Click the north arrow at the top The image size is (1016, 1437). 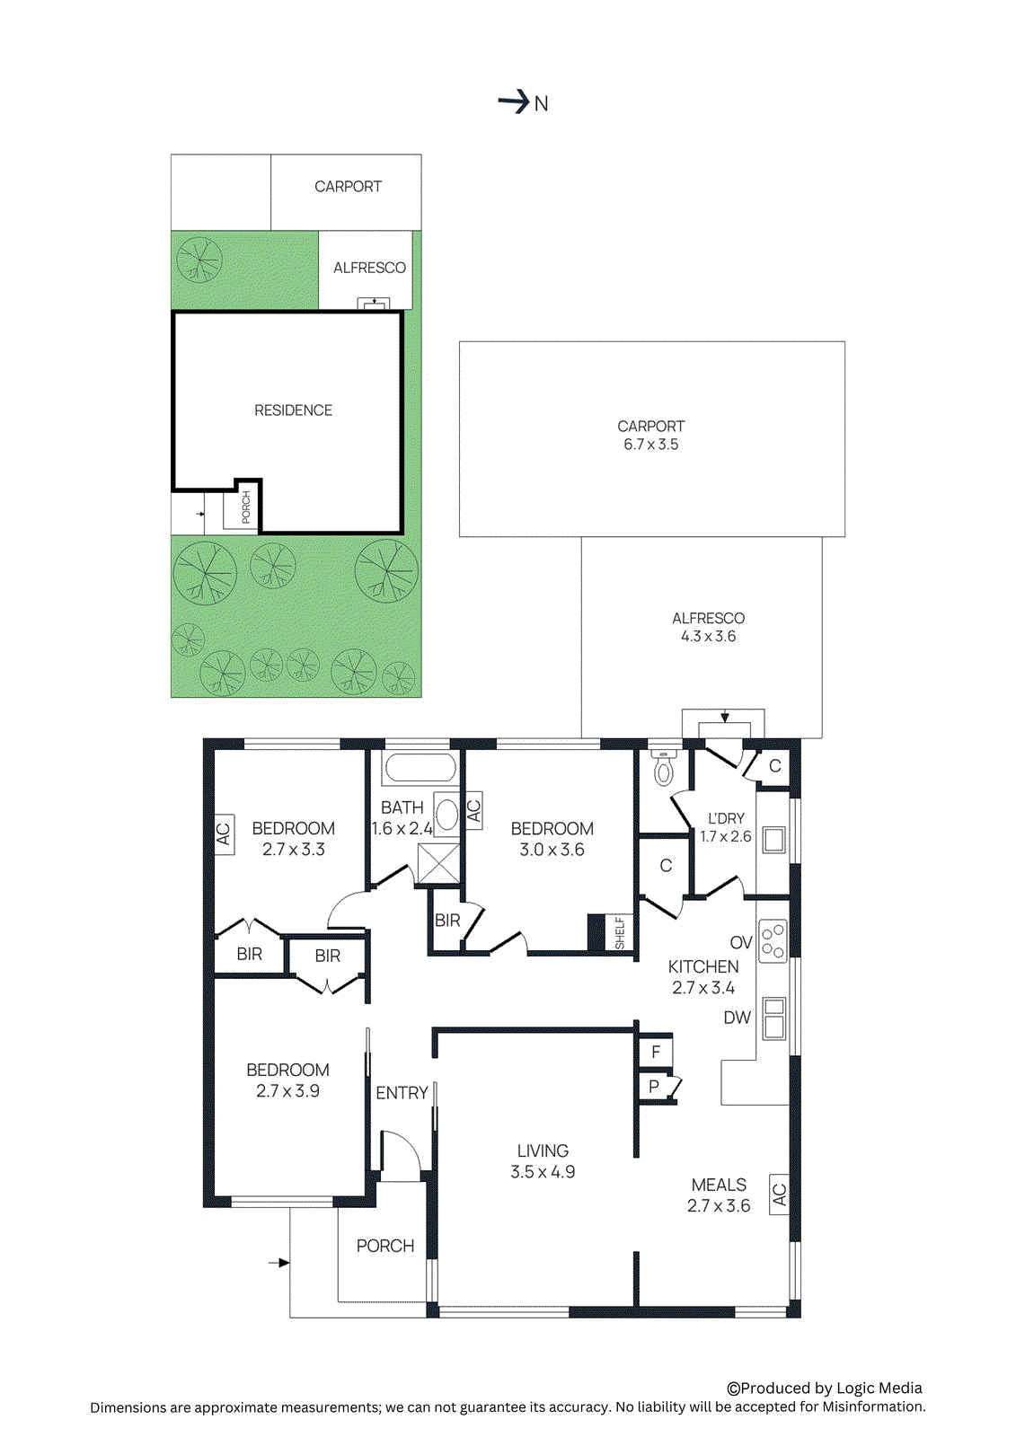(515, 102)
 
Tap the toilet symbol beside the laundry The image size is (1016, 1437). (664, 768)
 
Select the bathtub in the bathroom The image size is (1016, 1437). (420, 769)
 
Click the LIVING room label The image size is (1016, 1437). (543, 1150)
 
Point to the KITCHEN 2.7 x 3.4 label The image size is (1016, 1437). (703, 977)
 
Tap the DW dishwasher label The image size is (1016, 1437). (737, 1018)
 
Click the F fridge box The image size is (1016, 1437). (656, 1052)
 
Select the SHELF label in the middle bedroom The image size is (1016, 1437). (620, 933)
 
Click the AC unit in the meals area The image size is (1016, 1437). (779, 1195)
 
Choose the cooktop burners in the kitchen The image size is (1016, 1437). (773, 941)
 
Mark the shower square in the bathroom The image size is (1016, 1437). (438, 865)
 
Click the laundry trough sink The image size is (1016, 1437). (773, 840)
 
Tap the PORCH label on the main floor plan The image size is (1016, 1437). (385, 1246)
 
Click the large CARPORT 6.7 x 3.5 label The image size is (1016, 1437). (651, 436)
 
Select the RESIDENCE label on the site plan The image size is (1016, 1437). (293, 410)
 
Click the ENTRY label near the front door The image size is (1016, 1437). (402, 1093)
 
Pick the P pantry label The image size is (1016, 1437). (654, 1087)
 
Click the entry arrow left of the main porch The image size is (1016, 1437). (279, 1263)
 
